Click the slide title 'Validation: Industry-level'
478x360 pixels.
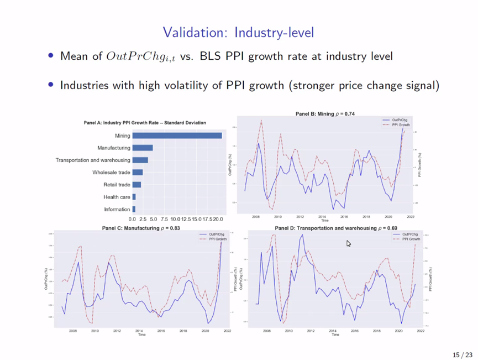point(239,32)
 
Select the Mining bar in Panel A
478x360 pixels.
point(177,135)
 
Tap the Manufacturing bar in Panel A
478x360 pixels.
point(143,148)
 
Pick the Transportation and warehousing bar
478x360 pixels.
point(140,160)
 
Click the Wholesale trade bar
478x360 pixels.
point(138,173)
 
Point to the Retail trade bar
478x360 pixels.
point(136,185)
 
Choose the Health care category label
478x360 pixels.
point(117,197)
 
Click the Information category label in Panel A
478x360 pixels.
point(117,210)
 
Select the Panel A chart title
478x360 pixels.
point(145,122)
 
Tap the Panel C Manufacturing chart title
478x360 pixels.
point(141,228)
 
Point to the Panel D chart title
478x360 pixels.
point(332,228)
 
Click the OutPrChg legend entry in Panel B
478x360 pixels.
point(400,119)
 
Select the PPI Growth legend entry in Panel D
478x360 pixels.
point(411,239)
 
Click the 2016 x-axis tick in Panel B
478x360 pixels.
point(344,217)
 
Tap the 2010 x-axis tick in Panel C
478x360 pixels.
point(94,331)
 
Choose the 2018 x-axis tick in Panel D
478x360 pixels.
point(376,331)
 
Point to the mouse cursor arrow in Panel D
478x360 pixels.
point(349,243)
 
